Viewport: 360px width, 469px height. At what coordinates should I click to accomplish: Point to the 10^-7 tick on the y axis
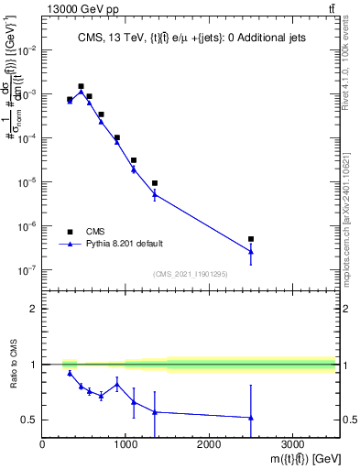coord(27,270)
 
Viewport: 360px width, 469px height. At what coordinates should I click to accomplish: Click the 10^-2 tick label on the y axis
coord(27,50)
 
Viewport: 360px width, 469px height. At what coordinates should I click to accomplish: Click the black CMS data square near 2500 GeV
coord(251,239)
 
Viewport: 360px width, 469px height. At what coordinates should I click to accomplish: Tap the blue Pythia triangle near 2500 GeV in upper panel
coord(251,251)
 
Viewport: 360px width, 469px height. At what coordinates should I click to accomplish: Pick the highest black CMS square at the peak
coord(81,86)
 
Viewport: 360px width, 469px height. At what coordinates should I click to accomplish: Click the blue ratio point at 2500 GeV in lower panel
coord(251,418)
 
